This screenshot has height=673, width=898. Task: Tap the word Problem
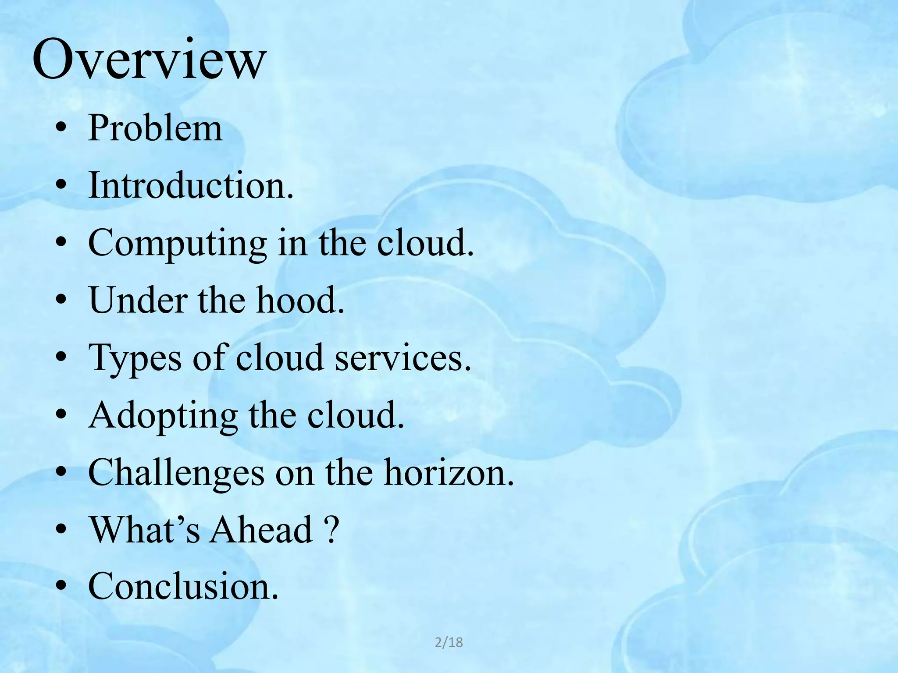tap(155, 128)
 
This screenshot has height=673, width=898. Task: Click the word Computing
tap(177, 244)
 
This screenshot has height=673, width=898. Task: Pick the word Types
tap(135, 358)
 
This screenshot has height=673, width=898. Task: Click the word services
tap(403, 358)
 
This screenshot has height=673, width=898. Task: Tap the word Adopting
tap(163, 416)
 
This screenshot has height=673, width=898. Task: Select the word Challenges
tap(176, 474)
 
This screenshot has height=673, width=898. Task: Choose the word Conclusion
tap(183, 586)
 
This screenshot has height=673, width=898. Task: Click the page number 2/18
tap(449, 642)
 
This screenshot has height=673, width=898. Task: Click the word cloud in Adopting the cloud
tap(355, 415)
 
